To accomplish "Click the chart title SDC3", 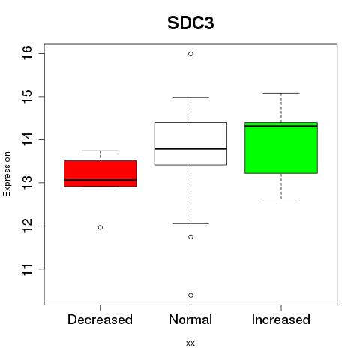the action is point(190,23).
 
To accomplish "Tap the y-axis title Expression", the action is point(7,174).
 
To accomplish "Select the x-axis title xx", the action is point(190,343).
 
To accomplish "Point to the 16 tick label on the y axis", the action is point(27,53).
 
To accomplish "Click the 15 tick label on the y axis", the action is point(27,97).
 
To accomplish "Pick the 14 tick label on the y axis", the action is point(27,139).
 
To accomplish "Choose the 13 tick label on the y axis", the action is point(27,183).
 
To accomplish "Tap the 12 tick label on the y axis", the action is point(27,226).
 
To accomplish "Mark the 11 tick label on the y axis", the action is point(27,269).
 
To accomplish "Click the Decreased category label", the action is point(100,319).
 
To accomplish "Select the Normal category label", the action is point(190,319).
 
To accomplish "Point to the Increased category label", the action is point(281,319).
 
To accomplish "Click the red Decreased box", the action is point(100,174).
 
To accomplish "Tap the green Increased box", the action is point(281,148).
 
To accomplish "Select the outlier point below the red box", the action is point(100,227).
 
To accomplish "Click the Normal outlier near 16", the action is point(190,54).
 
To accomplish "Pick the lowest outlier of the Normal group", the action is point(190,295).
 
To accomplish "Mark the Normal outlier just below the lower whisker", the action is point(190,237).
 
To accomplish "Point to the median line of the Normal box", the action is point(190,149).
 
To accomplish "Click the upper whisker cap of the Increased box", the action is point(281,93).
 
